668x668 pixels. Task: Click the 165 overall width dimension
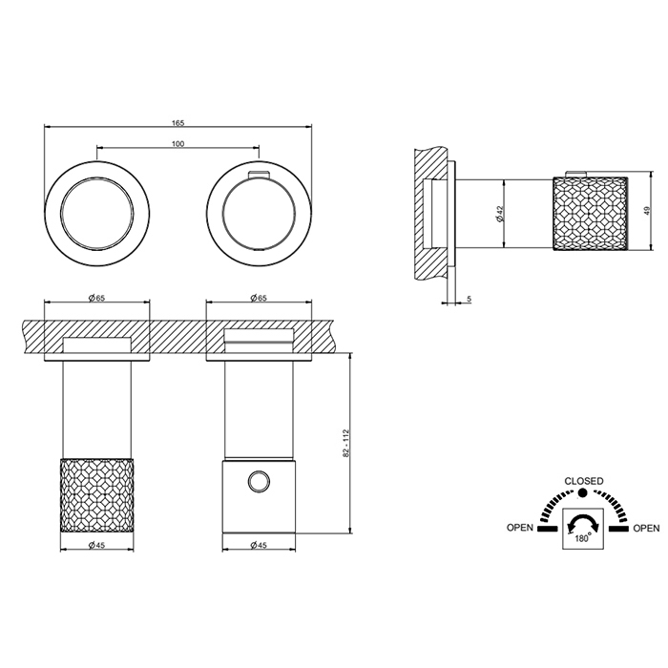click(178, 123)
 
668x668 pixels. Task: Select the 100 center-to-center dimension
click(178, 143)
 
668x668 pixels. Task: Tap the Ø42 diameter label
click(500, 214)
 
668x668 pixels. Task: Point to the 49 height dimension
click(647, 211)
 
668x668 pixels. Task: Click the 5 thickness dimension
click(470, 299)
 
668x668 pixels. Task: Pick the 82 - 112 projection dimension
click(345, 444)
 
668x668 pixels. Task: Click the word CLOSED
click(584, 481)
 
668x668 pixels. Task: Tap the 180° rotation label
click(583, 538)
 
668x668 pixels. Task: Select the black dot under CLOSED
click(582, 493)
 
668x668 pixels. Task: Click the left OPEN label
click(520, 528)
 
